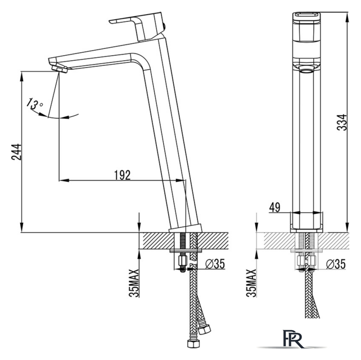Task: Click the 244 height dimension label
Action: (16, 152)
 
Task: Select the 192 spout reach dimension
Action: (122, 175)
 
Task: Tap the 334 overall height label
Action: (342, 122)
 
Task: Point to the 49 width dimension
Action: (274, 208)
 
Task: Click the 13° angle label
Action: (34, 103)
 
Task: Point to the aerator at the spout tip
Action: (60, 69)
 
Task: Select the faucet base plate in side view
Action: (186, 228)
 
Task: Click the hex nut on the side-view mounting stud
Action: (183, 260)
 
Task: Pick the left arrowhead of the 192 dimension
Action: (64, 180)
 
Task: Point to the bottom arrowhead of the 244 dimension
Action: (21, 227)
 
